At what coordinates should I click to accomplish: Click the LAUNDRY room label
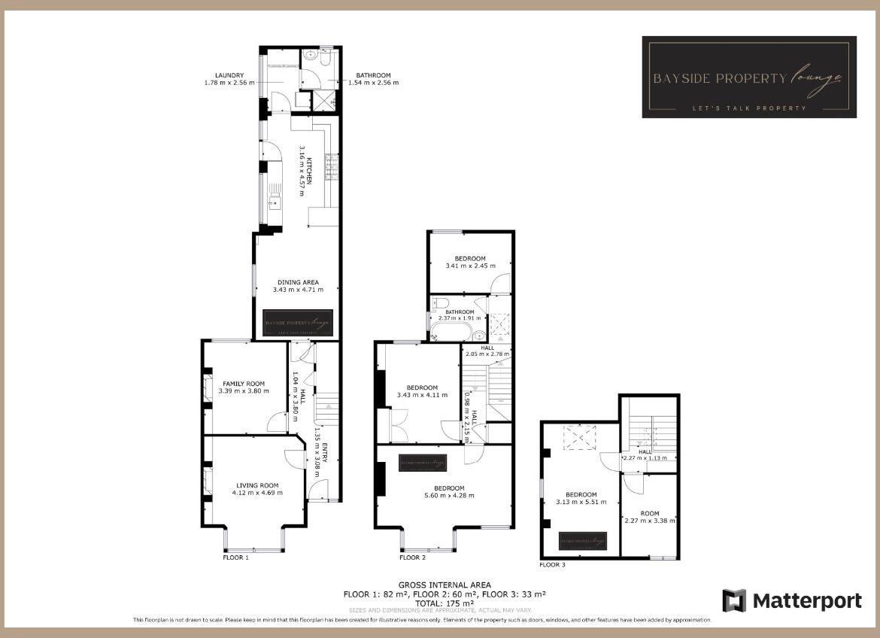[x=229, y=75]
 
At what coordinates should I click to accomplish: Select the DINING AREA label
[x=298, y=283]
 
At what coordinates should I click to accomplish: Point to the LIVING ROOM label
[x=257, y=485]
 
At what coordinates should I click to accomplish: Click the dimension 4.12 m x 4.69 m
[x=257, y=494]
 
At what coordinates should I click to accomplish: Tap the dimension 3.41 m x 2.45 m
[x=471, y=266]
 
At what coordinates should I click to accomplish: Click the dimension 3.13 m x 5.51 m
[x=581, y=503]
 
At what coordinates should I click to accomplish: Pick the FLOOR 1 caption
[x=235, y=557]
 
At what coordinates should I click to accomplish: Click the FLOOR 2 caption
[x=412, y=557]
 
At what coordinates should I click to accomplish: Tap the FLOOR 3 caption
[x=552, y=564]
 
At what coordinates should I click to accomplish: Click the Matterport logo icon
[x=734, y=600]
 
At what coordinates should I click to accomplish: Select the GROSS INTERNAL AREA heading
[x=445, y=585]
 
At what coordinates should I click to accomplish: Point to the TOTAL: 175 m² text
[x=445, y=603]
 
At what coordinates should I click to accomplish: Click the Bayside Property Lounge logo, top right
[x=748, y=77]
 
